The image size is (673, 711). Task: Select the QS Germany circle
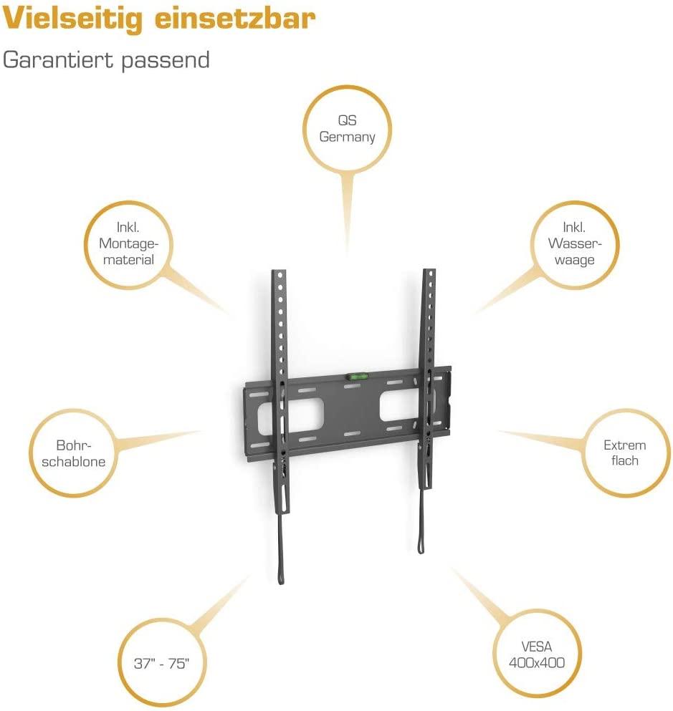pos(348,129)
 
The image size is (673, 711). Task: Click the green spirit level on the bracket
pos(356,374)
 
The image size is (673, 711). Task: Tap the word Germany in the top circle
pos(348,137)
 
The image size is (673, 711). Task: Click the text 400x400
pos(536,662)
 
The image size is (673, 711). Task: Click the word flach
pos(624,460)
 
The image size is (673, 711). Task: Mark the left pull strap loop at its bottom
pos(279,578)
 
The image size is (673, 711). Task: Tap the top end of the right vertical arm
pos(429,272)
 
